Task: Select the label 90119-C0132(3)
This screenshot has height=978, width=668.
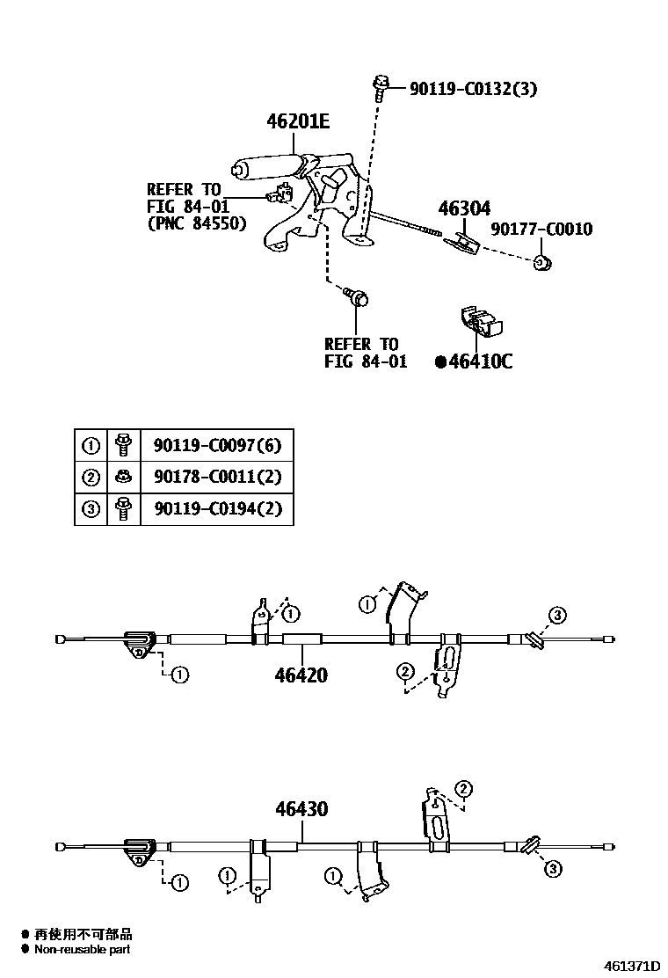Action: (x=473, y=88)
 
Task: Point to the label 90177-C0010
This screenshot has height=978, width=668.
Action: (x=541, y=230)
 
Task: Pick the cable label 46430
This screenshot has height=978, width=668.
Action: (x=301, y=808)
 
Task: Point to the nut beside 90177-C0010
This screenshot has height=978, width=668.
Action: (x=541, y=262)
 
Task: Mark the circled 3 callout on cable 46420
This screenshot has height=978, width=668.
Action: (x=558, y=615)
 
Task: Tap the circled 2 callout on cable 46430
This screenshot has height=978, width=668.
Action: (x=464, y=788)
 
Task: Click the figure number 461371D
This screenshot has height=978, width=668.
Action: (x=630, y=966)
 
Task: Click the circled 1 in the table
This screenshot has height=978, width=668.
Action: (x=91, y=445)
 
